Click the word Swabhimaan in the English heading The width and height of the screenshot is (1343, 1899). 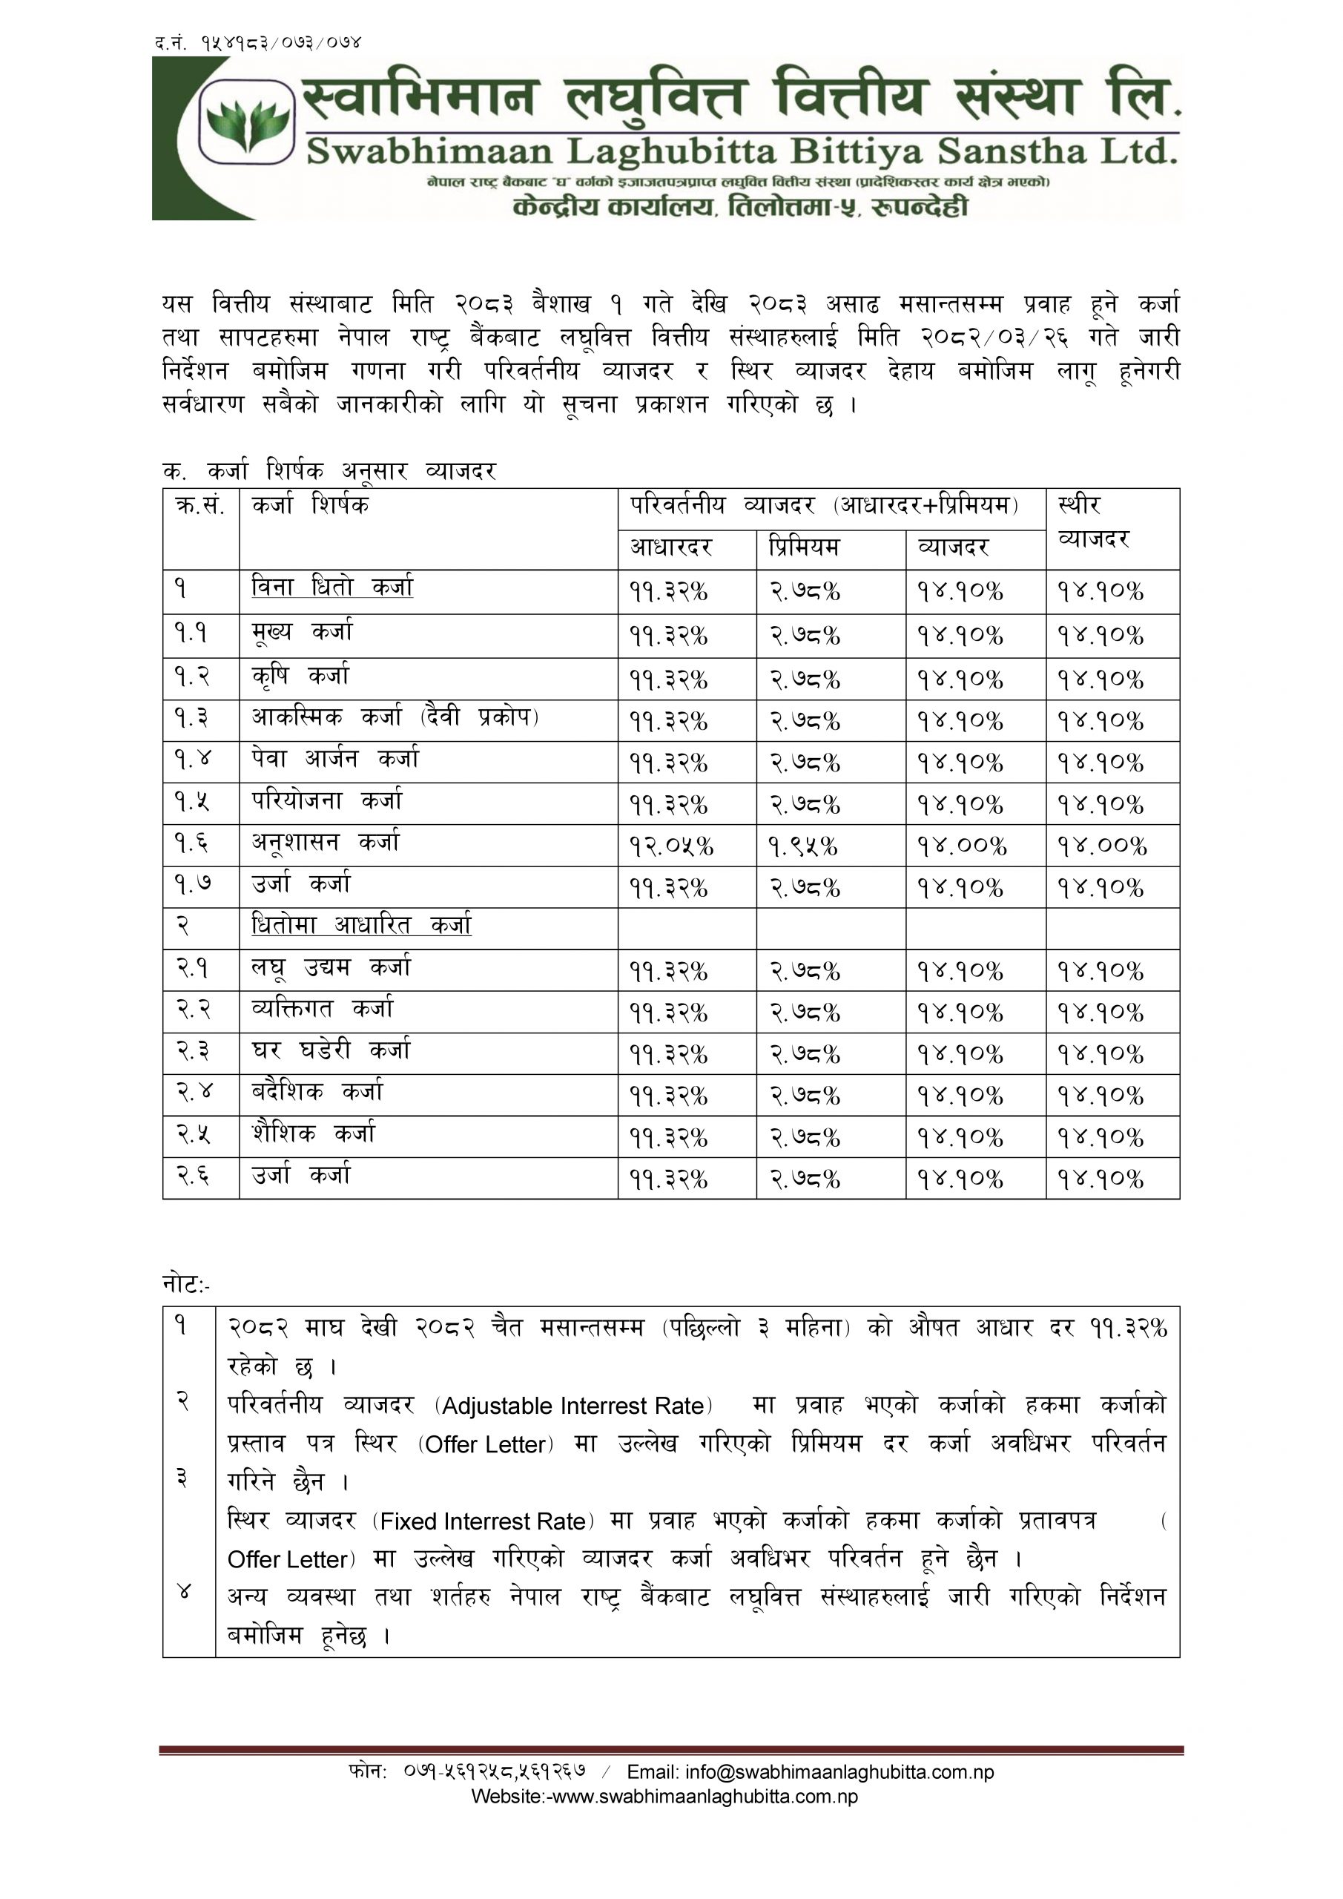point(429,151)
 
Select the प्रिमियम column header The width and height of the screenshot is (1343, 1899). point(804,547)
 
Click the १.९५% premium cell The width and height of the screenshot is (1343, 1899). point(802,846)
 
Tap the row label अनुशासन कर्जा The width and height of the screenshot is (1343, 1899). point(326,843)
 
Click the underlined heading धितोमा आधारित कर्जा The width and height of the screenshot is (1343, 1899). point(361,926)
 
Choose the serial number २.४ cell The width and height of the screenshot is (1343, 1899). point(194,1093)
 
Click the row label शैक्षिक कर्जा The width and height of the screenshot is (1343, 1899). point(314,1134)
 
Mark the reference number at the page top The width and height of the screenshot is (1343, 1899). point(258,42)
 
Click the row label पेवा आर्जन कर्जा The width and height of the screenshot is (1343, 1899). point(335,760)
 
